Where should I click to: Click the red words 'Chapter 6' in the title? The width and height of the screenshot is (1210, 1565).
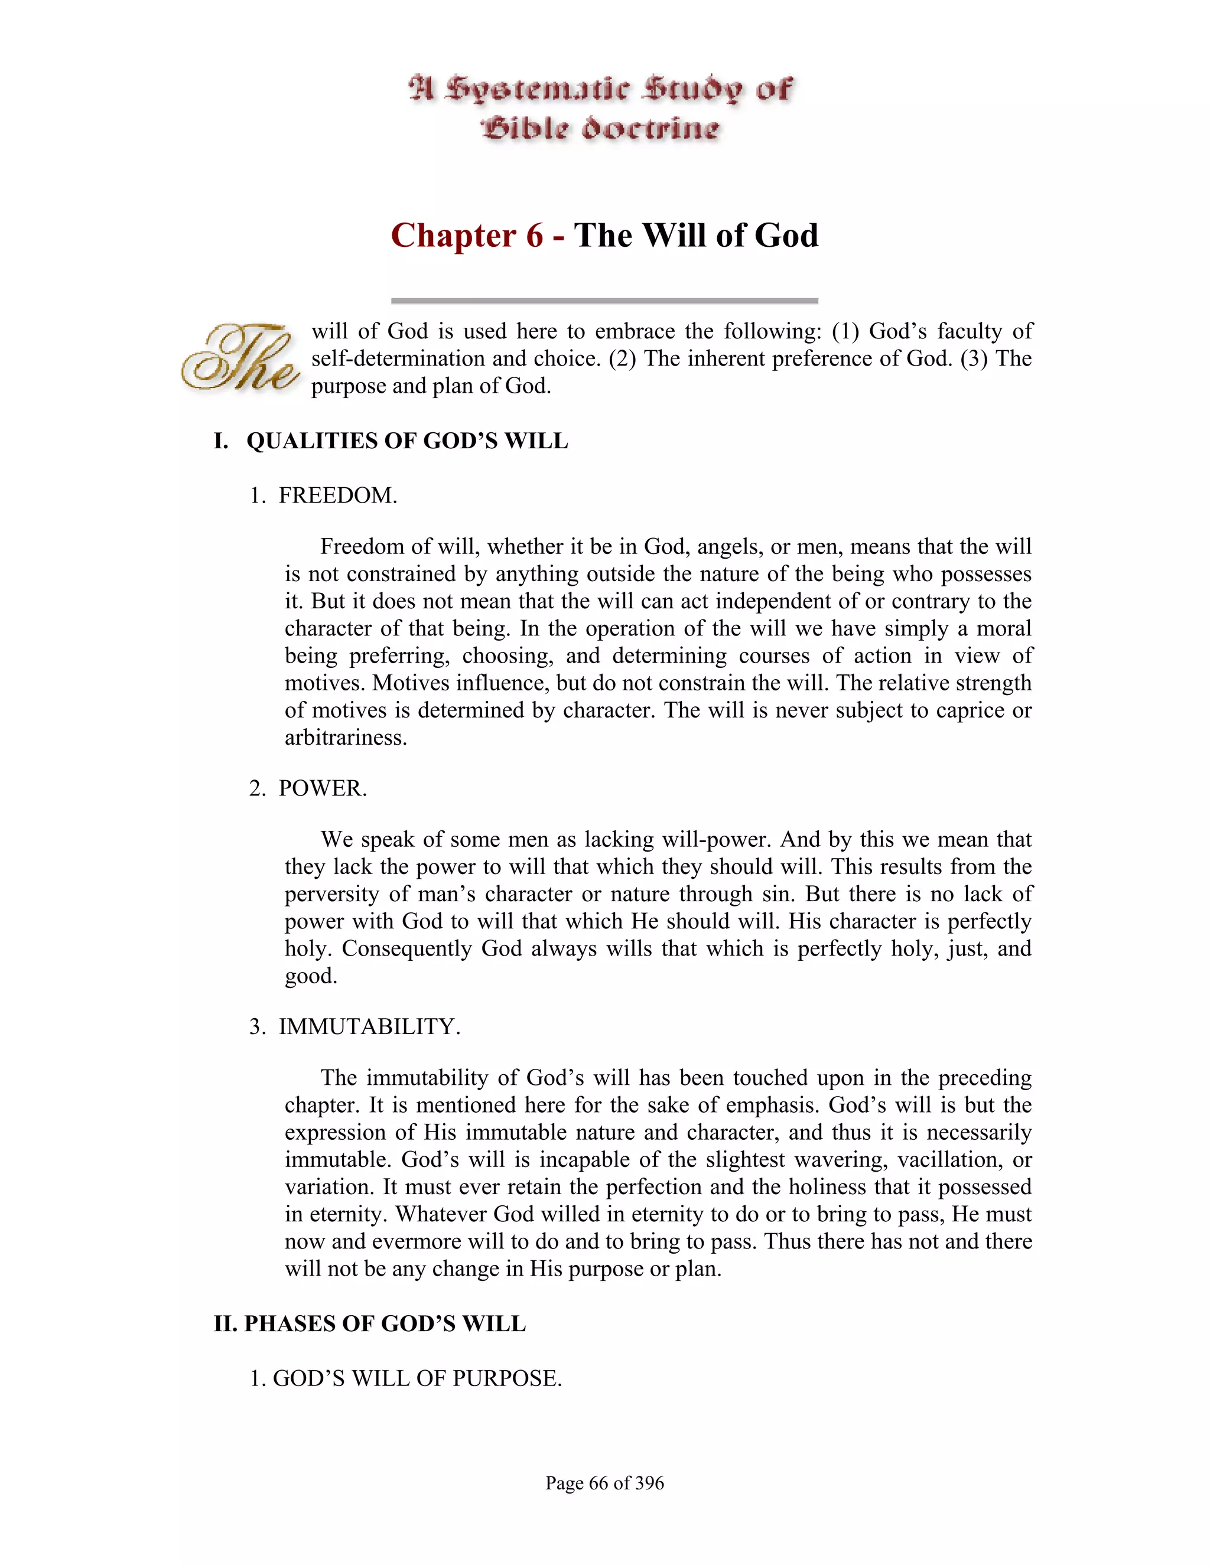coord(467,236)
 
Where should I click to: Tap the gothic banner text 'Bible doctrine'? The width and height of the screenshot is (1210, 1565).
coord(601,129)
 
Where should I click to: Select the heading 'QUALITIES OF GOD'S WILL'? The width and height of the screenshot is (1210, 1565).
coord(407,441)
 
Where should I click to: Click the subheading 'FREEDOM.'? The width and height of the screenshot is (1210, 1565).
coord(337,495)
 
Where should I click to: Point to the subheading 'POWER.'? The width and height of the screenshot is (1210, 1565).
coord(323,788)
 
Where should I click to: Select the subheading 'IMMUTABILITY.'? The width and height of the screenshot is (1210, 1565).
coord(369,1026)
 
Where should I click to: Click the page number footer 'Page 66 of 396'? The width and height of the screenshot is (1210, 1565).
coord(604,1482)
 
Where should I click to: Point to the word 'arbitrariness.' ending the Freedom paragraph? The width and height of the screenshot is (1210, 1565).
coord(346,738)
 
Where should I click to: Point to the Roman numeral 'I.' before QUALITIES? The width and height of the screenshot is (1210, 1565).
coord(222,441)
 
